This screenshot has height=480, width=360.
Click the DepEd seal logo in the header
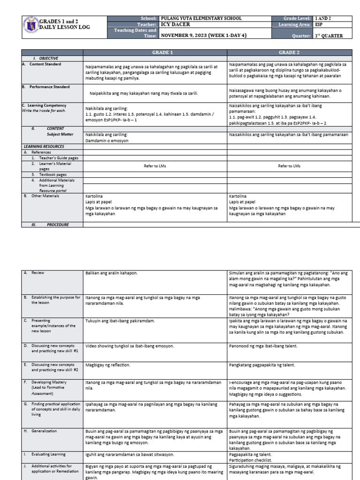tap(30, 27)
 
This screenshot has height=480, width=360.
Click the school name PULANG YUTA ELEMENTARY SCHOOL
tap(202, 18)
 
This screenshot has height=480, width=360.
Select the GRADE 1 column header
tap(155, 52)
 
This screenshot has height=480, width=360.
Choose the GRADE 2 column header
tap(290, 52)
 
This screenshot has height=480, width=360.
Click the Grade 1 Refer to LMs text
tap(155, 166)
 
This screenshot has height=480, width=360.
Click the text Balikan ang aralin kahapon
tap(112, 272)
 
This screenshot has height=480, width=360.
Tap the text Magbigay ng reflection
tap(108, 364)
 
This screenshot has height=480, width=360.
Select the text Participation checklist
tap(251, 459)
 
